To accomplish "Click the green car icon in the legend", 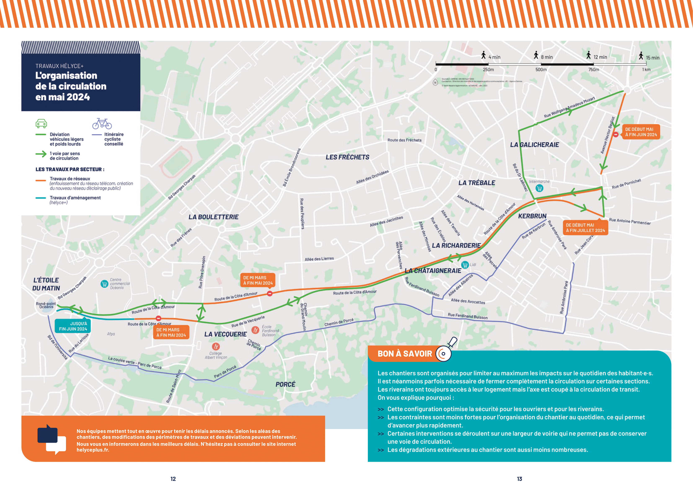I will (41, 123).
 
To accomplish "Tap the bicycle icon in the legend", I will (102, 123).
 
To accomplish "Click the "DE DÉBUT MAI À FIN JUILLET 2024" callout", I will (585, 228).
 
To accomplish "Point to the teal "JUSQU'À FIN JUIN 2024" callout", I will (73, 326).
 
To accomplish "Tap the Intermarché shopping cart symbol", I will (539, 188).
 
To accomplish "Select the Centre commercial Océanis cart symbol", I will (104, 284).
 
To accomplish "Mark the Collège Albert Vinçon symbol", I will (216, 346).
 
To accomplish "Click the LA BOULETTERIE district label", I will (213, 217).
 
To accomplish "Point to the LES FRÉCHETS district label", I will (347, 157).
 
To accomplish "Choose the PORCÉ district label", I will (285, 384).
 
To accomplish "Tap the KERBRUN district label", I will (532, 216).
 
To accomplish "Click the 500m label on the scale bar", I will (541, 69).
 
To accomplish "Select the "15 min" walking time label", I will (652, 58).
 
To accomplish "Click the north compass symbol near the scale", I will (435, 82).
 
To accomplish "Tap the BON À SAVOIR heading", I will (405, 354).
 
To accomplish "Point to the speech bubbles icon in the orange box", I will (52, 439).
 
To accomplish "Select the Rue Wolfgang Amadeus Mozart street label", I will (569, 107).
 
